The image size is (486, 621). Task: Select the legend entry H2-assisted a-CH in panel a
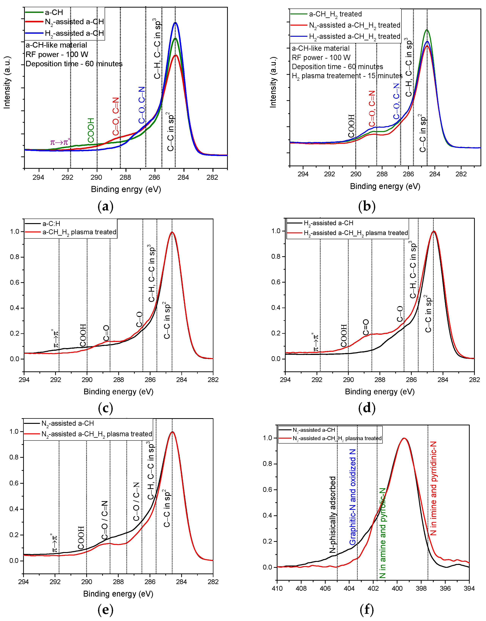[x=74, y=34]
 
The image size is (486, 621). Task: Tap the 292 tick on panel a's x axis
[x=67, y=178]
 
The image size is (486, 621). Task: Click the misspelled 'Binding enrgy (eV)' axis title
[x=126, y=189]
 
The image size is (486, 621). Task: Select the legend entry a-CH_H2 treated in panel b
[x=335, y=14]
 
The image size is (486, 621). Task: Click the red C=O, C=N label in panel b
[x=372, y=109]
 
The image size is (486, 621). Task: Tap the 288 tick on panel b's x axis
[x=382, y=174]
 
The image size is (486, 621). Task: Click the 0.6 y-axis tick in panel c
[x=15, y=282]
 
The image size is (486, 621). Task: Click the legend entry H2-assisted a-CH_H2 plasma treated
[x=356, y=233]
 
